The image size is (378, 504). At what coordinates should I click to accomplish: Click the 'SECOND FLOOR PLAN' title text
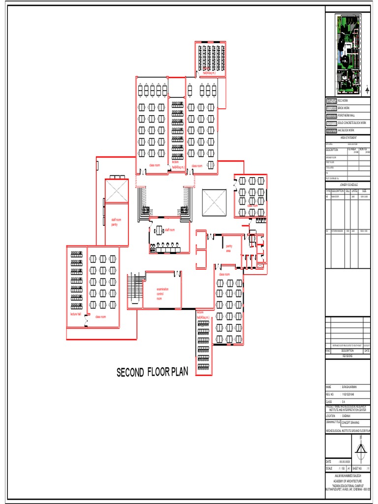(x=153, y=373)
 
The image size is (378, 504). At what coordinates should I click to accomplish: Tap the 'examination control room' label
(x=162, y=294)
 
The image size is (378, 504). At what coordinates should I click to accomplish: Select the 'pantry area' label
(x=229, y=248)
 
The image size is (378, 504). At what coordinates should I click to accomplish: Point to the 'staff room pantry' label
(x=116, y=222)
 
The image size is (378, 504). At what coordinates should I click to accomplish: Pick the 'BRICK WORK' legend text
(x=344, y=108)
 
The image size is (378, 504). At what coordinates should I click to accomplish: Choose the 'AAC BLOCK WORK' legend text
(x=347, y=130)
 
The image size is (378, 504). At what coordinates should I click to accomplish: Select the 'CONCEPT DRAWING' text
(x=350, y=423)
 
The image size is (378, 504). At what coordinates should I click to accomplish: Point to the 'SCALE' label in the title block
(x=329, y=468)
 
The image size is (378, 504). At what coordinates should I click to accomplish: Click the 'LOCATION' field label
(x=330, y=415)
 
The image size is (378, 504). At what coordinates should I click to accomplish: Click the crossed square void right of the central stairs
(x=214, y=203)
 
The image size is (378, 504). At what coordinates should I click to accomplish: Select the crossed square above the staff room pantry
(x=117, y=191)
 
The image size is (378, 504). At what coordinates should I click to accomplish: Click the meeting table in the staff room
(x=159, y=230)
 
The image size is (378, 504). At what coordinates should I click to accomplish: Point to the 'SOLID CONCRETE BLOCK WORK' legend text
(x=352, y=123)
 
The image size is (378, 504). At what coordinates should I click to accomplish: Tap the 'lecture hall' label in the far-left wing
(x=75, y=314)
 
